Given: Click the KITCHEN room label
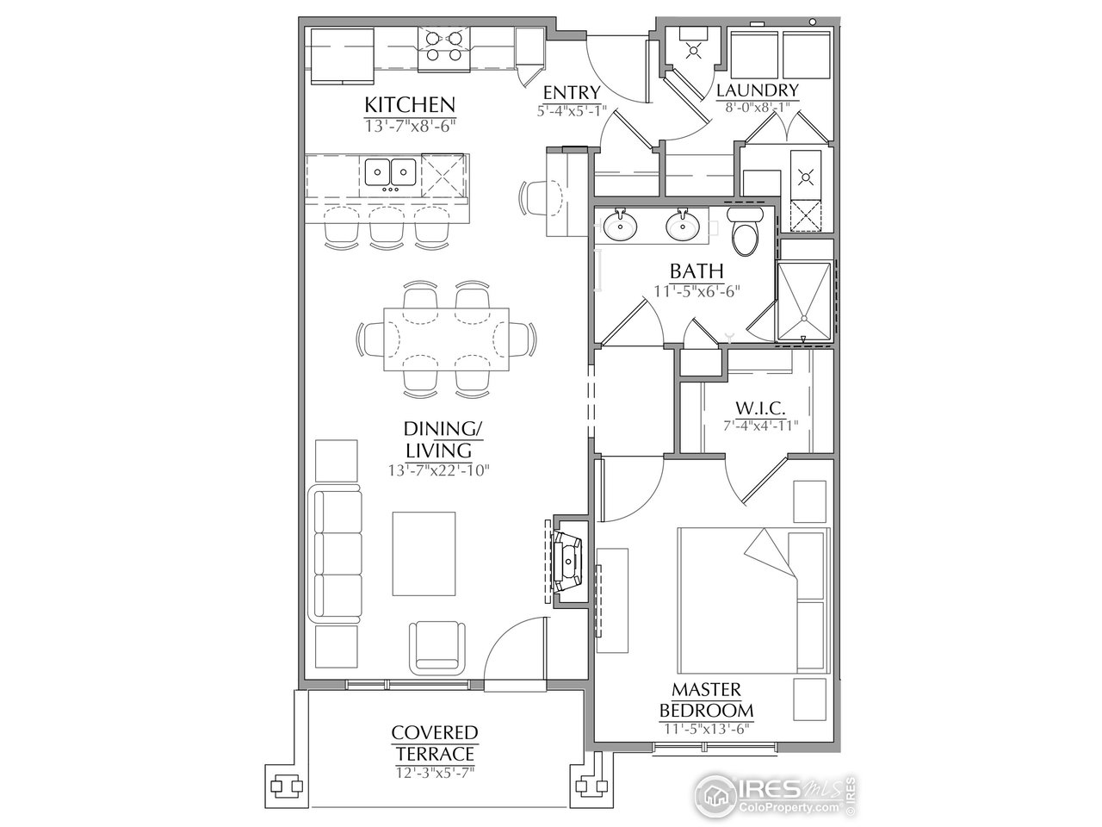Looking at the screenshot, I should coord(409,105).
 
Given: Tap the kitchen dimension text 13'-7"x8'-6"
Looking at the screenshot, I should coord(409,125).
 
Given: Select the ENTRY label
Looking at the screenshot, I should coord(571,93).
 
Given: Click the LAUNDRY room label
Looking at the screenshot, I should coord(758,90).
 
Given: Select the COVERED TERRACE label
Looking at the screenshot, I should coord(434,743).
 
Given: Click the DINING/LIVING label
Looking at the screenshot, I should coord(439,439).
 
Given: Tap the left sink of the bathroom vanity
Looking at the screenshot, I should coord(618,226).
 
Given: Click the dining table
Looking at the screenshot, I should coord(445,339).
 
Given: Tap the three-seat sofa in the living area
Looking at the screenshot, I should coord(336,556).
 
